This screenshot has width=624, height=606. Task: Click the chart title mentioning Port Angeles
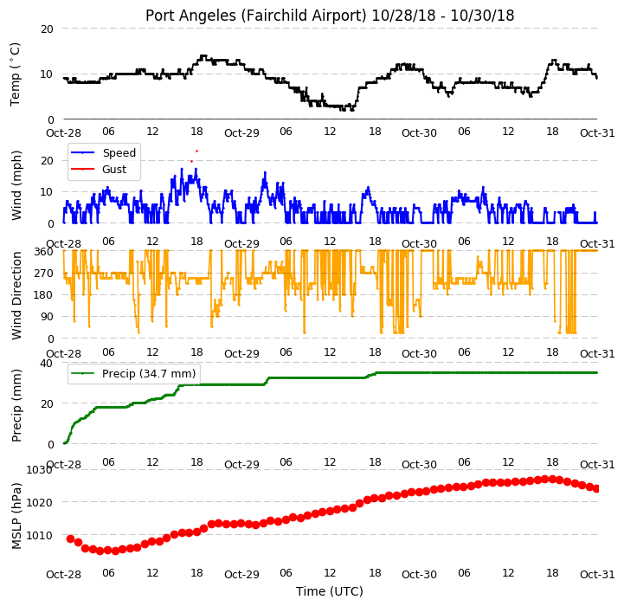click(330, 16)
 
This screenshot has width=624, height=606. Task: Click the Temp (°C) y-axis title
click(15, 74)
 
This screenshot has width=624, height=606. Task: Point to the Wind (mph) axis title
click(16, 185)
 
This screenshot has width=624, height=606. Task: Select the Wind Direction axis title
click(16, 295)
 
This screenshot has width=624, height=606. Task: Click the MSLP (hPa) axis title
click(16, 516)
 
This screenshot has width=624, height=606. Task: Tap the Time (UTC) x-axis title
click(330, 591)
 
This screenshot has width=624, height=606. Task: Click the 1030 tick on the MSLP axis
click(40, 470)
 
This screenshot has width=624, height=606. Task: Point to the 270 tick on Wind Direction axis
click(44, 274)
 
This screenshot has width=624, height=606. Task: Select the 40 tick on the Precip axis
click(47, 363)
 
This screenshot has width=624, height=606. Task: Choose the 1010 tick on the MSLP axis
click(40, 536)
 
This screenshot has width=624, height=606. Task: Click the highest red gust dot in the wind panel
click(196, 151)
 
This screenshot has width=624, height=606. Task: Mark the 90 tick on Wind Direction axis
click(47, 317)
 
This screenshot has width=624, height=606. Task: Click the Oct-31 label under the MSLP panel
click(597, 574)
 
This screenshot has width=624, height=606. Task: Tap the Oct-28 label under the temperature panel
click(64, 132)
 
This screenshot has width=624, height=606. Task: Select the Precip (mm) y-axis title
click(16, 405)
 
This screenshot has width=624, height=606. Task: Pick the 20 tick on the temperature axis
click(47, 29)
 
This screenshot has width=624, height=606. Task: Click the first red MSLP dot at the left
click(70, 538)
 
